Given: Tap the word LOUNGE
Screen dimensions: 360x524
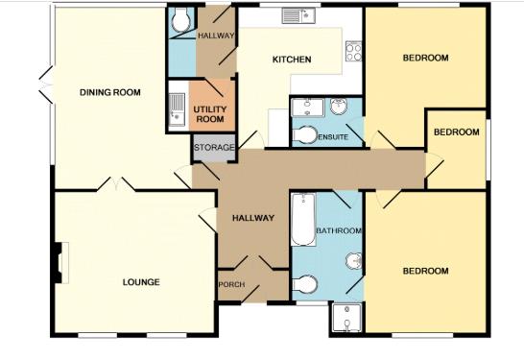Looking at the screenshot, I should coord(141,282).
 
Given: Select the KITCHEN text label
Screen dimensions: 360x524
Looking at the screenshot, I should coord(292,60).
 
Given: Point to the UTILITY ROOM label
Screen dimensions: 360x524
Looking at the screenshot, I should coord(209,114).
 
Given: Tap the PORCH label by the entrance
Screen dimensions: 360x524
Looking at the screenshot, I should coord(230,285).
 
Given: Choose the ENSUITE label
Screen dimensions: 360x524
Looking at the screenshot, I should coord(332,137).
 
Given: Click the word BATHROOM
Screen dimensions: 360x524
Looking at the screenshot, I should coord(339,231).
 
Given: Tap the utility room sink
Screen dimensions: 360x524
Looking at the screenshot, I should coord(176,109).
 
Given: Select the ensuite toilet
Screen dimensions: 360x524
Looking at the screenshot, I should coord(305,135).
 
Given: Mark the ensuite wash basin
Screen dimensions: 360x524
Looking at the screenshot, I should coord(340,107).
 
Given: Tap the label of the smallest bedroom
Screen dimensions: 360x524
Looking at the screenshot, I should coord(455,132).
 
